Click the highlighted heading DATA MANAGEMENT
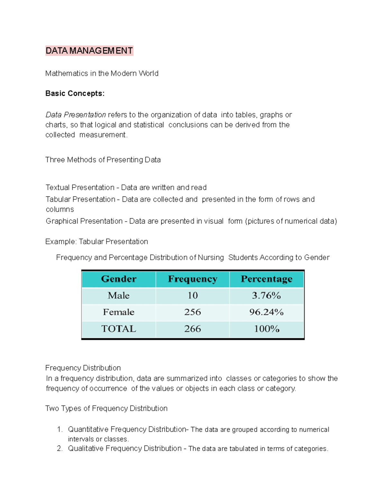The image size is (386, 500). (x=89, y=51)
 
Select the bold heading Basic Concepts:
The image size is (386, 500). (x=75, y=93)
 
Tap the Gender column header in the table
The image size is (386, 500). (x=119, y=279)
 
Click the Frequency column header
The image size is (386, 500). (x=192, y=279)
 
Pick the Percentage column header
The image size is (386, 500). (x=266, y=279)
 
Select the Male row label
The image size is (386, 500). (x=119, y=296)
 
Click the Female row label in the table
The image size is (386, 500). (x=119, y=312)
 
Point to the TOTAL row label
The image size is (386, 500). (x=119, y=329)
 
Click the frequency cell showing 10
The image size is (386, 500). (x=192, y=296)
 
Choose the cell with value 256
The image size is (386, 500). (x=192, y=312)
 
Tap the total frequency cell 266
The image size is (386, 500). (x=192, y=329)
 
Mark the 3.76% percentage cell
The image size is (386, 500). (x=266, y=296)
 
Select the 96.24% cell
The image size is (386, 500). (x=266, y=312)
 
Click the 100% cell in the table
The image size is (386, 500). (x=266, y=329)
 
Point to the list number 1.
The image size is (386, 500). (x=59, y=429)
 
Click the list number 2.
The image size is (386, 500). (x=59, y=448)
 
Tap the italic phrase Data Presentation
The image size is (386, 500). (x=76, y=115)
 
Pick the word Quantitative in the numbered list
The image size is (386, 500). (x=88, y=429)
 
